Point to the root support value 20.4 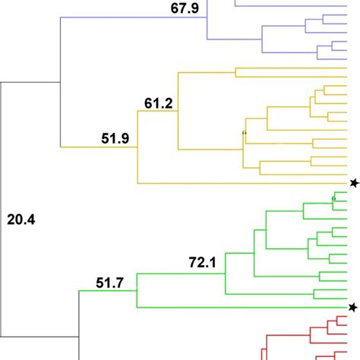21,221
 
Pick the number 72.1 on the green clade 203,264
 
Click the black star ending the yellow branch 353,183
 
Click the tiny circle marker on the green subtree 333,199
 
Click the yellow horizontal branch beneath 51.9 99,147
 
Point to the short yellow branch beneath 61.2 157,112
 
